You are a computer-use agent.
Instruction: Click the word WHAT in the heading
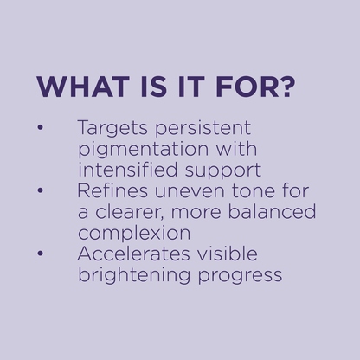[83, 87]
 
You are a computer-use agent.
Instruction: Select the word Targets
[112, 128]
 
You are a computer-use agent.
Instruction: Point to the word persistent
[202, 128]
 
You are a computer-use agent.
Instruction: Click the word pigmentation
[144, 150]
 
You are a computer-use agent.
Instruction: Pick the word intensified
[128, 169]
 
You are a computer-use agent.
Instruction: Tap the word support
[223, 170]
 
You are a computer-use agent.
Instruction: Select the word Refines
[112, 190]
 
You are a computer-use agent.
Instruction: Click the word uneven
[190, 192]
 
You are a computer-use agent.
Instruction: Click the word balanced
[272, 211]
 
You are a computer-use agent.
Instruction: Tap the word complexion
[134, 234]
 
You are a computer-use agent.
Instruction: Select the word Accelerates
[133, 254]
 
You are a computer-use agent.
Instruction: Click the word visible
[228, 254]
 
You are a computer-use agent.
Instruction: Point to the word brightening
[134, 276]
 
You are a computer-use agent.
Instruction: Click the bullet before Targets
[40, 127]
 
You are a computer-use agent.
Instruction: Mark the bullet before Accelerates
[40, 254]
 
